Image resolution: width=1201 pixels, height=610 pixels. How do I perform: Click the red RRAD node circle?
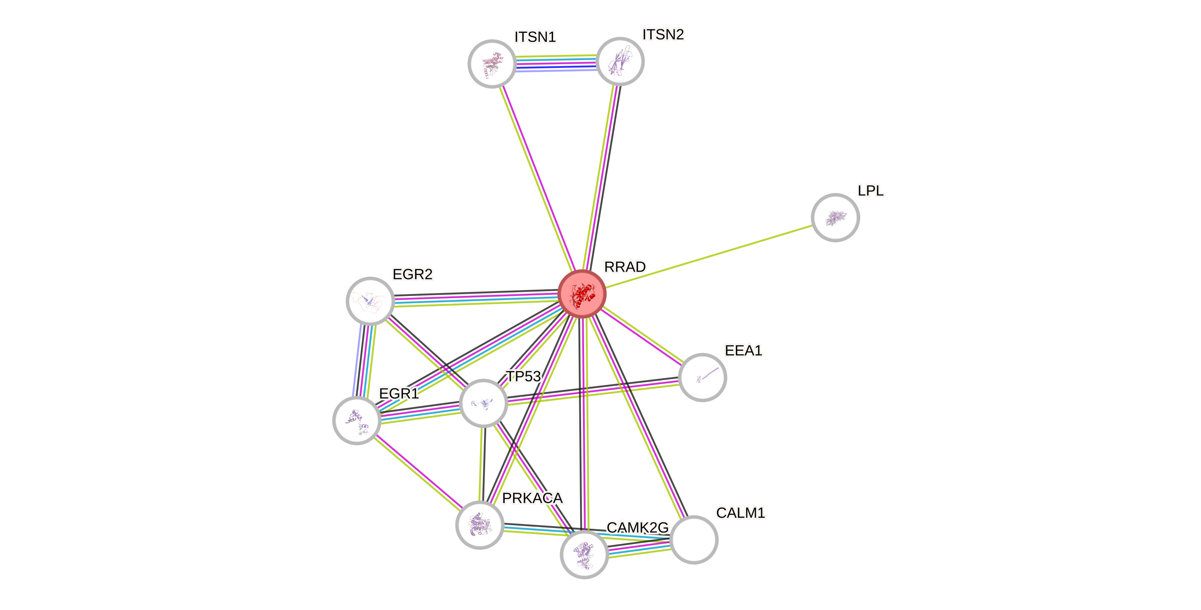(x=582, y=294)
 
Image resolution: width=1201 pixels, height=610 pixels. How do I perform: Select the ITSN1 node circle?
(x=491, y=63)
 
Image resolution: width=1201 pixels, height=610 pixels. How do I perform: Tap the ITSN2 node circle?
(x=620, y=62)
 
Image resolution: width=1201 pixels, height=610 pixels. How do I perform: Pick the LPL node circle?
(x=835, y=218)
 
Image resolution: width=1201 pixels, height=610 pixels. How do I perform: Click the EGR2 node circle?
(x=370, y=301)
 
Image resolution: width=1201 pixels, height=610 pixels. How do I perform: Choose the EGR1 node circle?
(x=357, y=420)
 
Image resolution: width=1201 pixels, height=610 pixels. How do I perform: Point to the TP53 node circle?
(x=484, y=403)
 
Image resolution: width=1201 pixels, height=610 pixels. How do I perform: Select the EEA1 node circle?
(x=702, y=377)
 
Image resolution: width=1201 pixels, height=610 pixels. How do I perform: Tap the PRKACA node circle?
(x=480, y=525)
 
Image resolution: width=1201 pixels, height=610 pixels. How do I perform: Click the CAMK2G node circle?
(x=584, y=554)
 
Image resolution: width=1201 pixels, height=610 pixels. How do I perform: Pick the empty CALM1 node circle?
(x=694, y=540)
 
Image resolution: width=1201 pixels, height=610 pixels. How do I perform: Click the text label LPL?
(x=871, y=190)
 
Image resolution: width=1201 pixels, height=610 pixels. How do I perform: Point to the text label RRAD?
(x=625, y=267)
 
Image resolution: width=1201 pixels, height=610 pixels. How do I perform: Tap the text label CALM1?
(x=740, y=513)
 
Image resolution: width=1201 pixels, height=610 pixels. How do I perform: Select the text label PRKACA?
(x=532, y=498)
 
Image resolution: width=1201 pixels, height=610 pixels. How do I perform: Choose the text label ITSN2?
(x=663, y=34)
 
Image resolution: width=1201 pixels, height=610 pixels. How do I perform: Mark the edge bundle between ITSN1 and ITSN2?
(x=556, y=63)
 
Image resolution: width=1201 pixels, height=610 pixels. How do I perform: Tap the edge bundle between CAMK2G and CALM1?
(x=639, y=548)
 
